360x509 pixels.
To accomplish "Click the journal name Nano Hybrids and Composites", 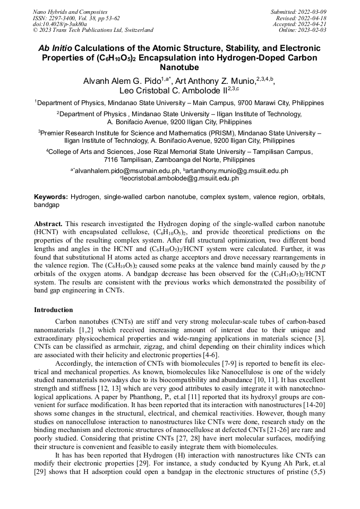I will (x=70, y=12).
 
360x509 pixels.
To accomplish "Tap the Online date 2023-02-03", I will (x=313, y=30).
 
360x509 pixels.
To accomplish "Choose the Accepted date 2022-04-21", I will (x=313, y=24).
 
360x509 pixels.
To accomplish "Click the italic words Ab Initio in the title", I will (x=55, y=48).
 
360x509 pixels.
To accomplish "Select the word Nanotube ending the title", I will (x=179, y=68).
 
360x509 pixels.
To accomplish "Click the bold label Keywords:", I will (x=51, y=196).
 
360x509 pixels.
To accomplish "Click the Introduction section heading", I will (x=53, y=310).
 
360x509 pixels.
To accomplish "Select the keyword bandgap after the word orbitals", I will (x=46, y=204).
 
